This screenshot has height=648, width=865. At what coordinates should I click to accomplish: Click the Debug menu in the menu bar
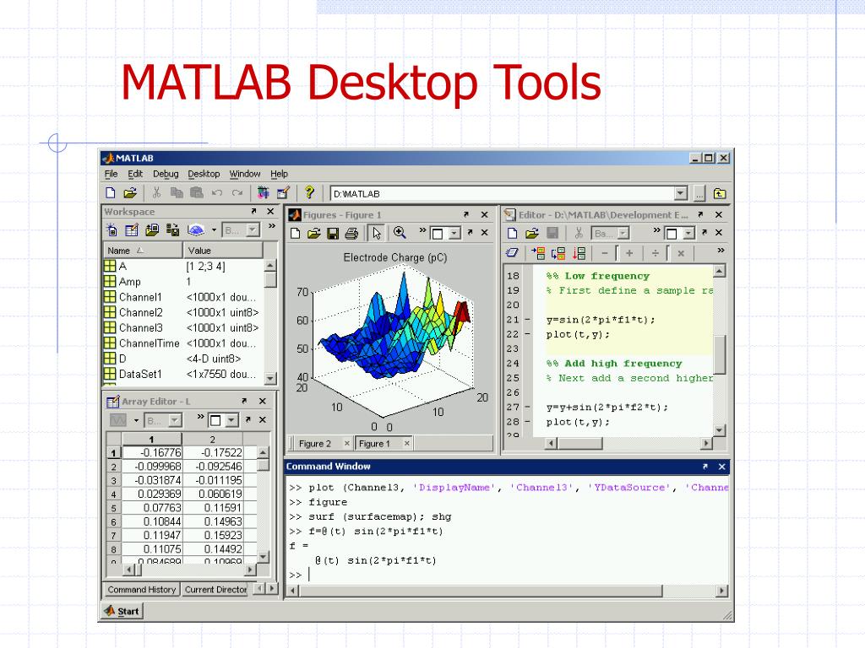[166, 174]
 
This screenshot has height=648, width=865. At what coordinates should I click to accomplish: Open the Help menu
[279, 174]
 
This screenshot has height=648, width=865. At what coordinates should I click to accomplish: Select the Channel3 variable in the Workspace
[140, 327]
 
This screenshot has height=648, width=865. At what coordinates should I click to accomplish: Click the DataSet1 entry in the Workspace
[140, 374]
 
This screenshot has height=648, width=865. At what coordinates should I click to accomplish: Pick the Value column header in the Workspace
[200, 251]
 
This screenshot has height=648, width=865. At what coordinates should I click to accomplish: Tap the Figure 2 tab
[315, 443]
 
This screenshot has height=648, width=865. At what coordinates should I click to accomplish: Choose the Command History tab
[142, 590]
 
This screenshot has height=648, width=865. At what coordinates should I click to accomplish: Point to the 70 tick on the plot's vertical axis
[302, 292]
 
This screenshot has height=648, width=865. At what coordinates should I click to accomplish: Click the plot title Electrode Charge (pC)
[394, 257]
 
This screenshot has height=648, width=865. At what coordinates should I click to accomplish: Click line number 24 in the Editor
[513, 364]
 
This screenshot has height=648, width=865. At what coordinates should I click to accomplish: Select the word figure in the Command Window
[328, 502]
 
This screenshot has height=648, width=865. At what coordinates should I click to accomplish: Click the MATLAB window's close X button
[723, 158]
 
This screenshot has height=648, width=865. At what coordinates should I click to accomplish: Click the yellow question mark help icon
[309, 193]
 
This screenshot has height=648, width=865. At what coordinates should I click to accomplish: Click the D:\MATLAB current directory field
[507, 193]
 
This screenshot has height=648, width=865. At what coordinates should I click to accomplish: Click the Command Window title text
[328, 467]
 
